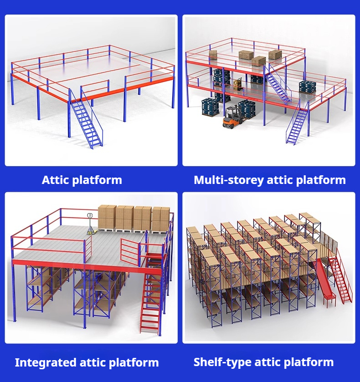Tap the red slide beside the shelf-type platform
[325, 283]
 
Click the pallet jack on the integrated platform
[91, 224]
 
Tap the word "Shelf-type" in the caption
[223, 362]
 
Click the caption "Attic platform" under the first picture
[82, 180]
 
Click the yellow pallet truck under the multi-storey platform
[238, 84]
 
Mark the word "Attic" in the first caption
[56, 180]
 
